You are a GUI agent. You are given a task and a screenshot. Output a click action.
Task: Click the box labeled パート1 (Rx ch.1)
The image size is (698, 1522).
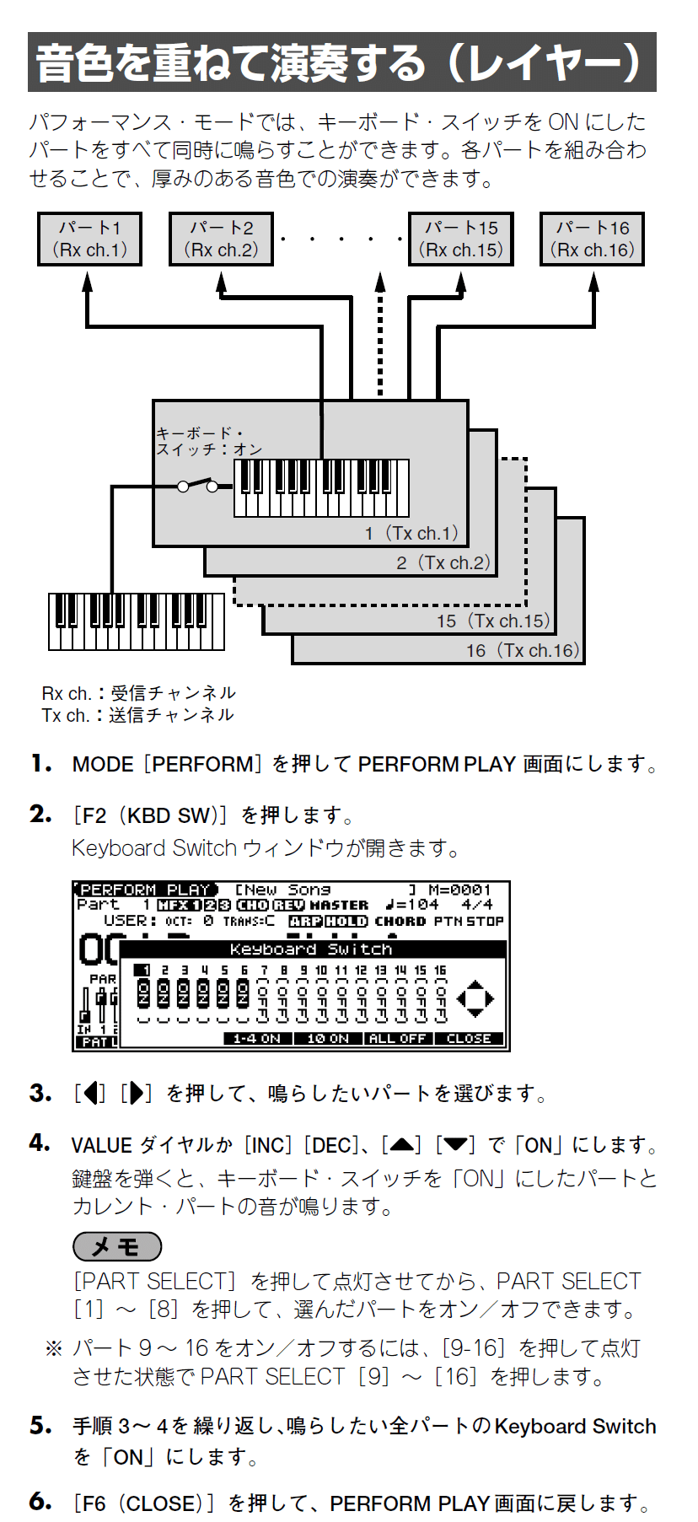click(x=89, y=239)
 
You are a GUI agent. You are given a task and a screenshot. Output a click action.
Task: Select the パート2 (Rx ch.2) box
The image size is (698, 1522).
click(x=221, y=239)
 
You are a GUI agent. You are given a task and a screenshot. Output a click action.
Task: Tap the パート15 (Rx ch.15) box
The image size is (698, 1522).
click(x=460, y=239)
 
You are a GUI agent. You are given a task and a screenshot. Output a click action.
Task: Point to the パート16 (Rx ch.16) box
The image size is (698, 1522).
click(x=592, y=239)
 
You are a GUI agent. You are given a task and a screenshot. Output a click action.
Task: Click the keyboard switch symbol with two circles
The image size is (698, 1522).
click(x=197, y=486)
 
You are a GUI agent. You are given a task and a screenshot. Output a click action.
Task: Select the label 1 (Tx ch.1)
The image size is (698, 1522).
click(x=411, y=533)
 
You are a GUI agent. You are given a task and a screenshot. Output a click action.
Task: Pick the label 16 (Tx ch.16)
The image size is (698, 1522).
click(x=523, y=650)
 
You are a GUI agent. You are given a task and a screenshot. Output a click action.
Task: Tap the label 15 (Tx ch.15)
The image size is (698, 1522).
click(x=493, y=621)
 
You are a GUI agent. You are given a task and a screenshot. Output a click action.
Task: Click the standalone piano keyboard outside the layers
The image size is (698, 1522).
click(x=137, y=621)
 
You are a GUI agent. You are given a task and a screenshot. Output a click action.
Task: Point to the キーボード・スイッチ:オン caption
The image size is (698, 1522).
click(x=208, y=441)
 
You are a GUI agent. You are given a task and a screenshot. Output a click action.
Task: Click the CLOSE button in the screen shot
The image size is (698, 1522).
click(x=469, y=1038)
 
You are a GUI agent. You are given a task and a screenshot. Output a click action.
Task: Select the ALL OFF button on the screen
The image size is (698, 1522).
click(x=399, y=1038)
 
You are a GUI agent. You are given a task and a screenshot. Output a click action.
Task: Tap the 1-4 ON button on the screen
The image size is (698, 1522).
click(x=257, y=1038)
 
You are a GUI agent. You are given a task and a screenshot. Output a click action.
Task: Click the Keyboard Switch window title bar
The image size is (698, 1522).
click(x=312, y=949)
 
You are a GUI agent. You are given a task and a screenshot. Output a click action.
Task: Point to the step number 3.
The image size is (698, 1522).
click(x=40, y=1093)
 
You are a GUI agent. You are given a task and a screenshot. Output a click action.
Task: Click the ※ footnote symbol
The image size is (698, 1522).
click(x=53, y=1348)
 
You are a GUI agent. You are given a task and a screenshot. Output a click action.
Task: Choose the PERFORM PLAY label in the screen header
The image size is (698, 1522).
click(x=145, y=890)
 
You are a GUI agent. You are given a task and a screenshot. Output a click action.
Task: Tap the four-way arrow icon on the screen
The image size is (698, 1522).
click(x=475, y=998)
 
